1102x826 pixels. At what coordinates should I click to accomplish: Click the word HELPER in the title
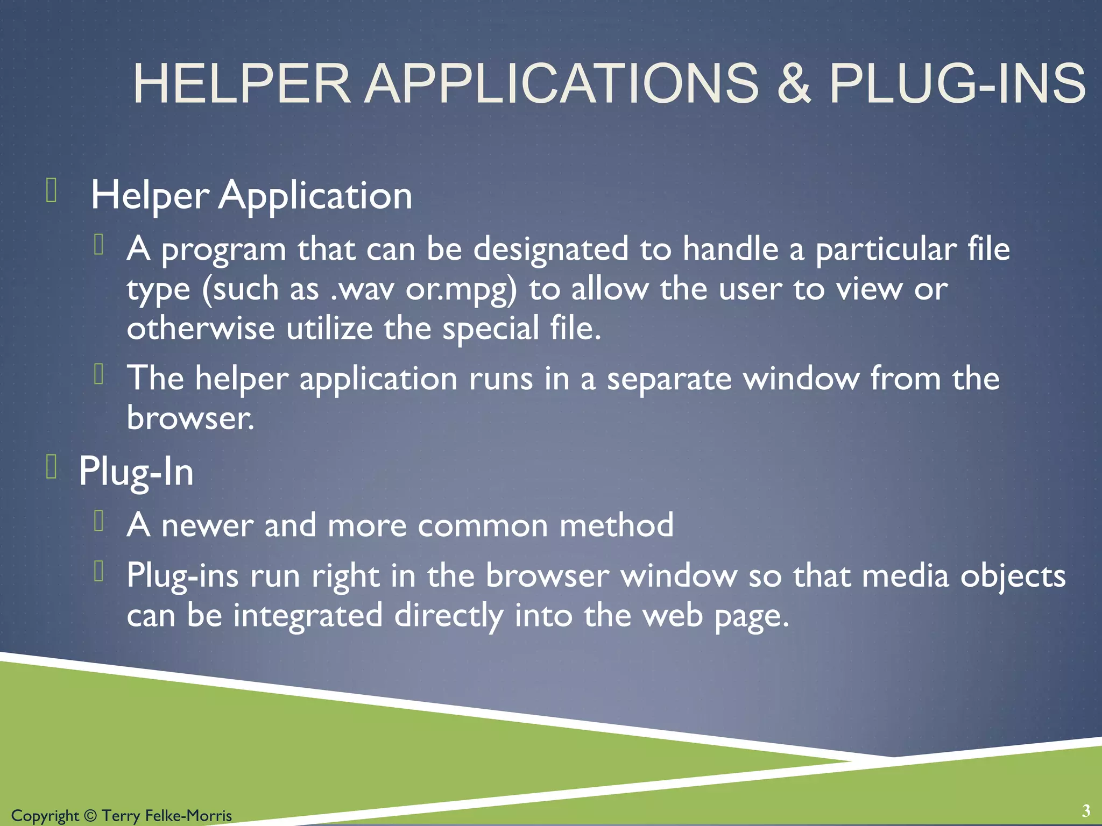pos(242,84)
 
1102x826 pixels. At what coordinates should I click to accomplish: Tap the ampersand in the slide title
pos(793,84)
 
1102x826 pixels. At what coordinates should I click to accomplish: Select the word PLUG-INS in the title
pos(957,84)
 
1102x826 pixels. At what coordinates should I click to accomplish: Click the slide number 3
pos(1086,810)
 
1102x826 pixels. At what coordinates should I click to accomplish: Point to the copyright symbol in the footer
pos(90,816)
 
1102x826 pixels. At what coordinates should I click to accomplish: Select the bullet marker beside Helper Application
pos(52,191)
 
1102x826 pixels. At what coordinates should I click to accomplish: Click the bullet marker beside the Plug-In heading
pos(52,466)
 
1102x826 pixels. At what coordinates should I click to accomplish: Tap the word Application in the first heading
pos(315,195)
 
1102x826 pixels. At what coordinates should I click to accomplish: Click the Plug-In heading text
pos(136,472)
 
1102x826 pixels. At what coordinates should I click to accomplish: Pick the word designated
pos(550,250)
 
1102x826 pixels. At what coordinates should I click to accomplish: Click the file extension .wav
pos(362,289)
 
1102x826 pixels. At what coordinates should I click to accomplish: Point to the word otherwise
pos(200,329)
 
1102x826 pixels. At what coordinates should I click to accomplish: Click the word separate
pos(669,379)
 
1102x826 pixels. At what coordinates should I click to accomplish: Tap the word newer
pos(207,525)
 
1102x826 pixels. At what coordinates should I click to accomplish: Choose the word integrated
pos(308,616)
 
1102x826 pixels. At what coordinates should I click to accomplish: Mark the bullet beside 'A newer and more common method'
pos(98,521)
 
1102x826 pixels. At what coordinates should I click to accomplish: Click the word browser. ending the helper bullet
pos(190,418)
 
